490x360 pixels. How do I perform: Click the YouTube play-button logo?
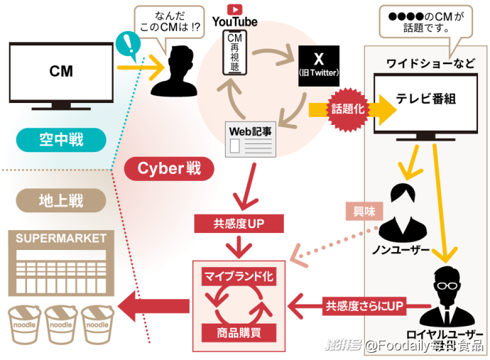coord(234,9)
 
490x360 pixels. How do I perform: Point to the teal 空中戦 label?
coord(60,140)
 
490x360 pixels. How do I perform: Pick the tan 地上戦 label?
coord(60,201)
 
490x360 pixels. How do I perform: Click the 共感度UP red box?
coord(239,224)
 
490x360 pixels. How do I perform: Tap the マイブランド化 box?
coord(239,276)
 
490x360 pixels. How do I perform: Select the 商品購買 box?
coord(239,331)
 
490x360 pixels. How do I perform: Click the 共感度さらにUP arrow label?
coord(364,307)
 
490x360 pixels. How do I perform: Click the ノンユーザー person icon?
coord(402,213)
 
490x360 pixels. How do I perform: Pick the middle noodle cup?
coord(60,324)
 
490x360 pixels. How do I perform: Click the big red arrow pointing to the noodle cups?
coord(153,307)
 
